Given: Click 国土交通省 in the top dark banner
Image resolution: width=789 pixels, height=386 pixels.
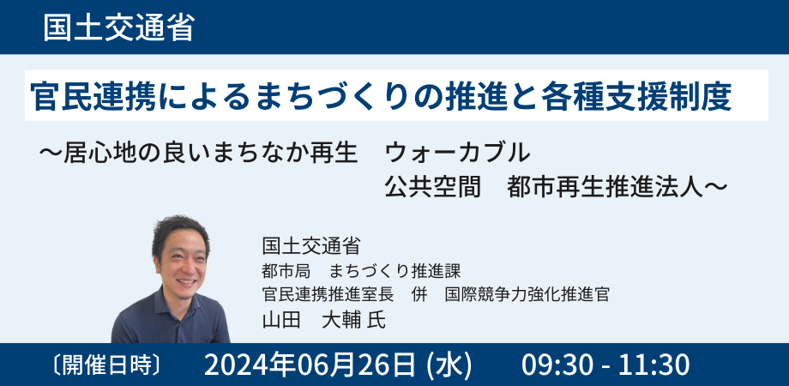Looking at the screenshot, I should pyautogui.click(x=118, y=27).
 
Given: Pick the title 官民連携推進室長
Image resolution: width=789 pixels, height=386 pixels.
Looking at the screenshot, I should pyautogui.click(x=328, y=294).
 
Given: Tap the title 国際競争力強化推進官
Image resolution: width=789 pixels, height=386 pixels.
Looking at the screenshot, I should pyautogui.click(x=528, y=294).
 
